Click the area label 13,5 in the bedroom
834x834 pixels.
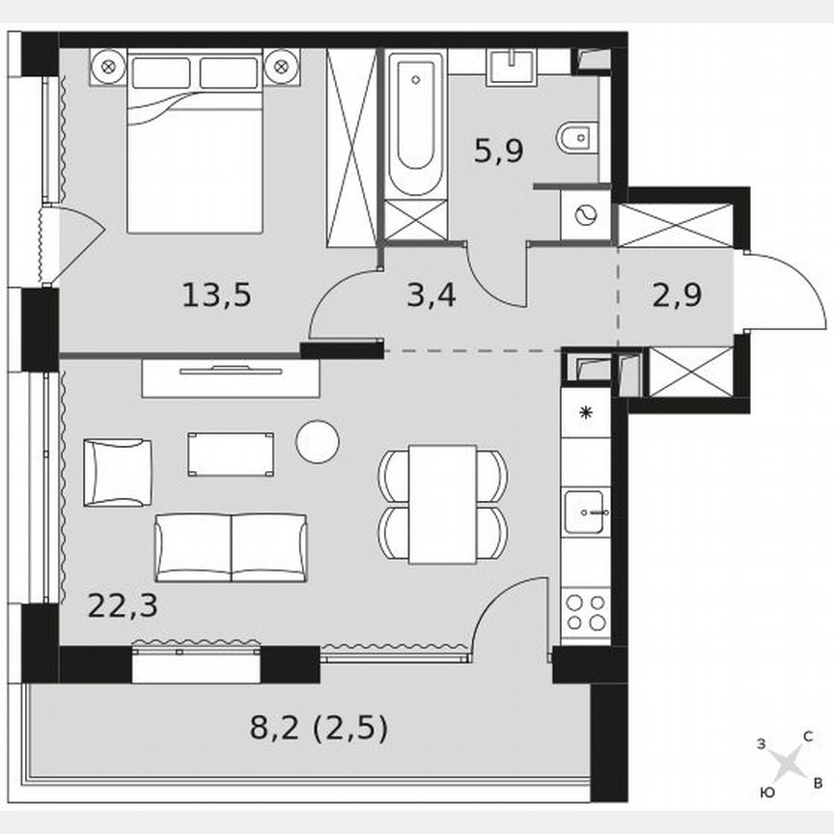point(216,293)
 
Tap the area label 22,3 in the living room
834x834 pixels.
point(122,605)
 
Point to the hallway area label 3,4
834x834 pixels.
point(431,293)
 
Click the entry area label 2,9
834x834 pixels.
point(676,293)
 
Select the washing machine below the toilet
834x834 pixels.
point(586,215)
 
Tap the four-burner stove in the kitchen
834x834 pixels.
point(585,610)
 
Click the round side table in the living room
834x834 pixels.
point(318,441)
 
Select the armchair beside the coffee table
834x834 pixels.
point(117,472)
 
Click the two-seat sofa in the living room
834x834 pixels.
point(231,547)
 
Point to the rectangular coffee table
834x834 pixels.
point(231,454)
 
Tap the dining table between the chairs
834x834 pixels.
point(442,503)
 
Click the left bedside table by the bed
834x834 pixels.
point(108,68)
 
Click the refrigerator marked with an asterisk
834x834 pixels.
point(585,413)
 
